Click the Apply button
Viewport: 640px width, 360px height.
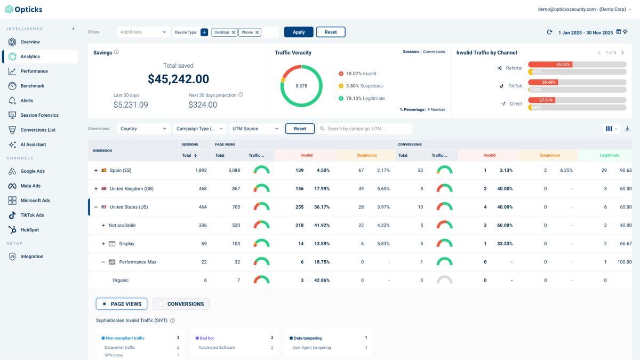click(x=299, y=32)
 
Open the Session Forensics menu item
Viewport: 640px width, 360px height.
click(x=39, y=115)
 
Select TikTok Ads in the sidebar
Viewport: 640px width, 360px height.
click(x=32, y=215)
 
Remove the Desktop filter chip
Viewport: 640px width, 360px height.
click(x=233, y=33)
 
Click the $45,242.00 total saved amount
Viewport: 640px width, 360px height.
click(x=178, y=79)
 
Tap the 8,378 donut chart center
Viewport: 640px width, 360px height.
click(x=301, y=86)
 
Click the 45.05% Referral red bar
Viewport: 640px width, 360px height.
click(x=550, y=65)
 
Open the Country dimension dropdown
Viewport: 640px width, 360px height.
click(x=143, y=129)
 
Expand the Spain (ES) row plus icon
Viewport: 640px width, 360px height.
click(x=96, y=171)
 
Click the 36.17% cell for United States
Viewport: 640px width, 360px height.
click(x=322, y=207)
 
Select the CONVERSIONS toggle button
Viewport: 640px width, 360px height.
click(x=181, y=304)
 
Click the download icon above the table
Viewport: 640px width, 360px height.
click(x=627, y=129)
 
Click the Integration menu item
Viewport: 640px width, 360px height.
click(x=31, y=257)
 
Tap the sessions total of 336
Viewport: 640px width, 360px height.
click(x=202, y=225)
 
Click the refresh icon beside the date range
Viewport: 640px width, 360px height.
click(x=549, y=32)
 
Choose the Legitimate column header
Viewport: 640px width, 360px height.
click(x=609, y=155)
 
